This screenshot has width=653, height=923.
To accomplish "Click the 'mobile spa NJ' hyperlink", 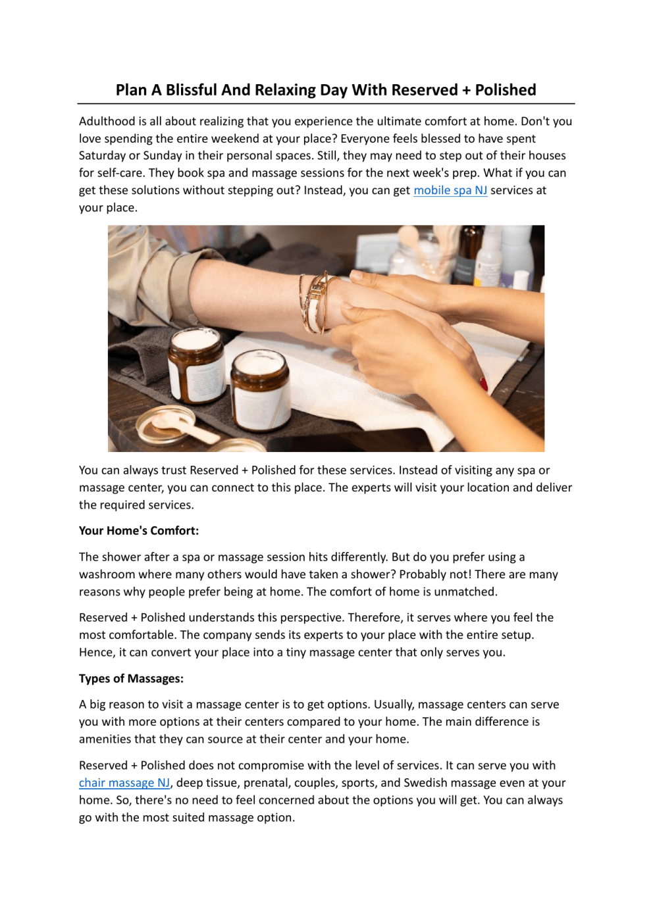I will point(450,190).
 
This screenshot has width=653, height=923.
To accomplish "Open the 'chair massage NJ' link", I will point(124,783).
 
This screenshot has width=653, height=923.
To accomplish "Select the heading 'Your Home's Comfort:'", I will point(139,531).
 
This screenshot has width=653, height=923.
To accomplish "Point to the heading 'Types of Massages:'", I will point(131,679).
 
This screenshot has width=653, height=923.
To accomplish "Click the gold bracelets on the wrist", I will point(315,303).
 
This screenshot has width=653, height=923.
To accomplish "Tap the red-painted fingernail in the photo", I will point(484,383).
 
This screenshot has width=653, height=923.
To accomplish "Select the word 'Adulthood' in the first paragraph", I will point(107,121).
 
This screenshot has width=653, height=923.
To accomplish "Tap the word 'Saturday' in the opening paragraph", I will point(102,156).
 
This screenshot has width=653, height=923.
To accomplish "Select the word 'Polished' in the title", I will point(506,90).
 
